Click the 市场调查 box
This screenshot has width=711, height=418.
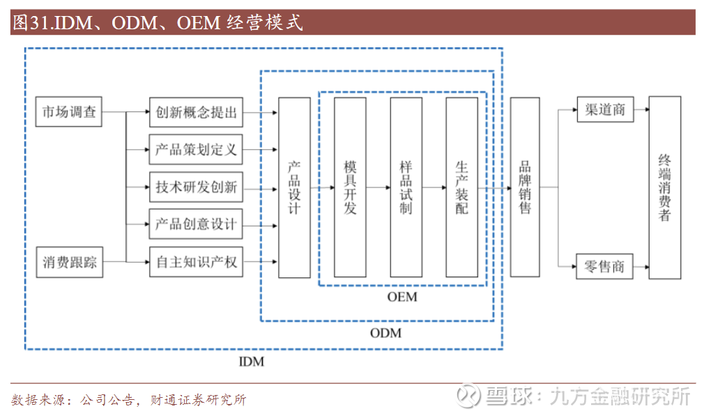pos(69,112)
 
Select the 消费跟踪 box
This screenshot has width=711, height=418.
pos(69,262)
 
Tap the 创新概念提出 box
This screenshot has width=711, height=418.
pos(196,112)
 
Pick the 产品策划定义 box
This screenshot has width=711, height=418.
pos(196,149)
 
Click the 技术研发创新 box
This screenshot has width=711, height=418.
pos(196,187)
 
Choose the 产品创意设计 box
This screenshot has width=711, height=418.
pos(196,224)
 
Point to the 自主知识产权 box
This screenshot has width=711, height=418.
pos(196,262)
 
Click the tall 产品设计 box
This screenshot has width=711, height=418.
pos(294,187)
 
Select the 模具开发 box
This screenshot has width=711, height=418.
pos(350,187)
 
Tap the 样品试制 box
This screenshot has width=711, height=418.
pos(406,187)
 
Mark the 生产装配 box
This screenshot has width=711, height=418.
pos(461,187)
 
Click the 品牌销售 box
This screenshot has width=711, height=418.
pos(525,187)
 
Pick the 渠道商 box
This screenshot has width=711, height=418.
pos(605,110)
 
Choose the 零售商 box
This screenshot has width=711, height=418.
pos(605,266)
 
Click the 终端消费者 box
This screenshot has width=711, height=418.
pos(664,187)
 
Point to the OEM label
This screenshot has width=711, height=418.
pos(402,297)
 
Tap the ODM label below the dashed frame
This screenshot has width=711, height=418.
pos(385,333)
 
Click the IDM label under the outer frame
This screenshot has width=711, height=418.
pos(252,362)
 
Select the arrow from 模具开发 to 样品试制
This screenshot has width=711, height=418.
pos(378,187)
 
